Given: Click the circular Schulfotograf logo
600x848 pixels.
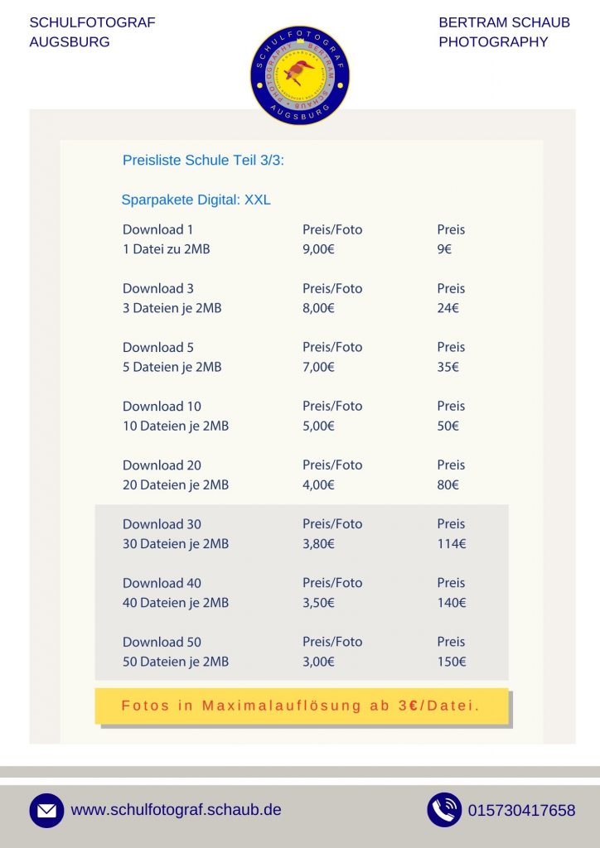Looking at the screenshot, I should tap(299, 75).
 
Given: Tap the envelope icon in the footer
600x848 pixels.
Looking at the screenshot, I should tap(46, 811).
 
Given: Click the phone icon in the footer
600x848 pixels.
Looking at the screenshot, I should tap(444, 810).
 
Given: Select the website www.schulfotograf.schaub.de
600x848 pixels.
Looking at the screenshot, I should tap(176, 810).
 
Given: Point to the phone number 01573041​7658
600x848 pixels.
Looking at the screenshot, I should tap(521, 811).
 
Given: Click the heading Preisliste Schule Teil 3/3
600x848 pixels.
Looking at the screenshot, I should tap(203, 161).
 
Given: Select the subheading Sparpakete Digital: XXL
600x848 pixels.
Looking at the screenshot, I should tap(196, 200).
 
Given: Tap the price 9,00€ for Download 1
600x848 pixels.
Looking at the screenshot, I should tap(318, 249).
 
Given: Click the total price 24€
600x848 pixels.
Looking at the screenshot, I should tap(448, 308).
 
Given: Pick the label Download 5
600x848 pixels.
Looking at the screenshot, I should tap(158, 347).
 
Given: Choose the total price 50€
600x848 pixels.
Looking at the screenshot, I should tap(448, 426).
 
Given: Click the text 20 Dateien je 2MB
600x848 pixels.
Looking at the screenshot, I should tap(176, 484).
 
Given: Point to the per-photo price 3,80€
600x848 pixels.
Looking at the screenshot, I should tap(318, 544).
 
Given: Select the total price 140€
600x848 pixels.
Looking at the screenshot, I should tap(452, 603).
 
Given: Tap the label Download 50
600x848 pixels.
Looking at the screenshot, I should tap(162, 642).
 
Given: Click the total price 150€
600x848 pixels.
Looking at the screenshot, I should tap(452, 662).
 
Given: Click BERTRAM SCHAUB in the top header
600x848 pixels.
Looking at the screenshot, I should tap(504, 22).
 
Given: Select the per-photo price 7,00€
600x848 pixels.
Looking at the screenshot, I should tap(318, 367).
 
